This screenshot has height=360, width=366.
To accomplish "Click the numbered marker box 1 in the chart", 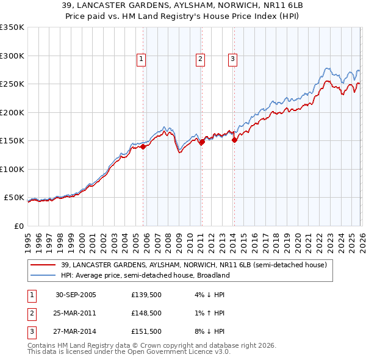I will point(141,59).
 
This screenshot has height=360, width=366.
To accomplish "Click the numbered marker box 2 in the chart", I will point(200,59).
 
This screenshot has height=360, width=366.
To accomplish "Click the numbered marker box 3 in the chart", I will point(233,59).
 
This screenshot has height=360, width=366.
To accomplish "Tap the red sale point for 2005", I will point(143,146).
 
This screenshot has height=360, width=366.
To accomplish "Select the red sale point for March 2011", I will point(202,142).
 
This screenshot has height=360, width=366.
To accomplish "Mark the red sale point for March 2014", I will point(234,140).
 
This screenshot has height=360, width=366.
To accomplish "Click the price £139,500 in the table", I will point(146,295).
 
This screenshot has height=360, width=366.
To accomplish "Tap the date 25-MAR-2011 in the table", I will point(76,313).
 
